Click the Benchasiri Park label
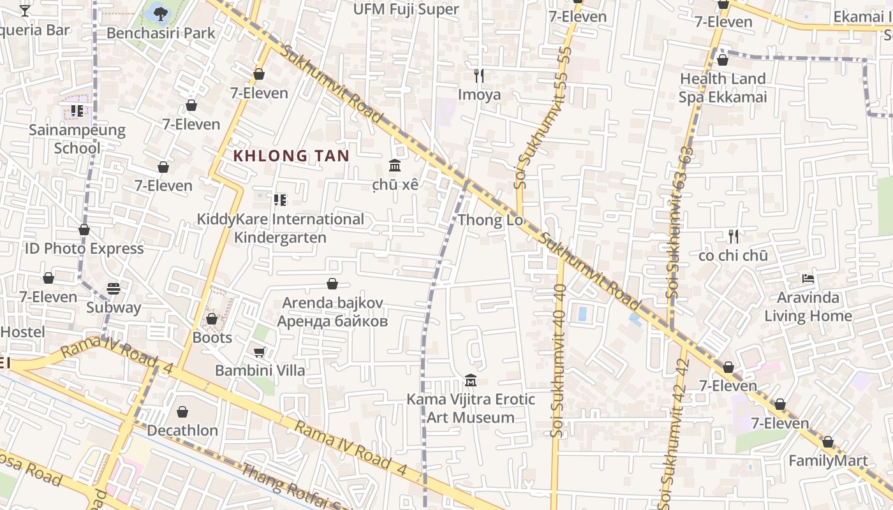161,33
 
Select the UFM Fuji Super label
406,9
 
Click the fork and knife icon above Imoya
479,76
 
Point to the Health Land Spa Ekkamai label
722,88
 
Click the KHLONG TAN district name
291,156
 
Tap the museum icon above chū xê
395,166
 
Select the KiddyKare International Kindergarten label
280,228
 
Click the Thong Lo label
490,221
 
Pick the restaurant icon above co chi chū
733,237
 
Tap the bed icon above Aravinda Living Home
808,279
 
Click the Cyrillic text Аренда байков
332,321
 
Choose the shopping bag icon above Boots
212,318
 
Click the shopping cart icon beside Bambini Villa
260,352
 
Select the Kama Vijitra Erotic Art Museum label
471,409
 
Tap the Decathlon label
182,430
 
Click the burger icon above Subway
114,289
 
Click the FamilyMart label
828,461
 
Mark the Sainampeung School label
77,139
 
